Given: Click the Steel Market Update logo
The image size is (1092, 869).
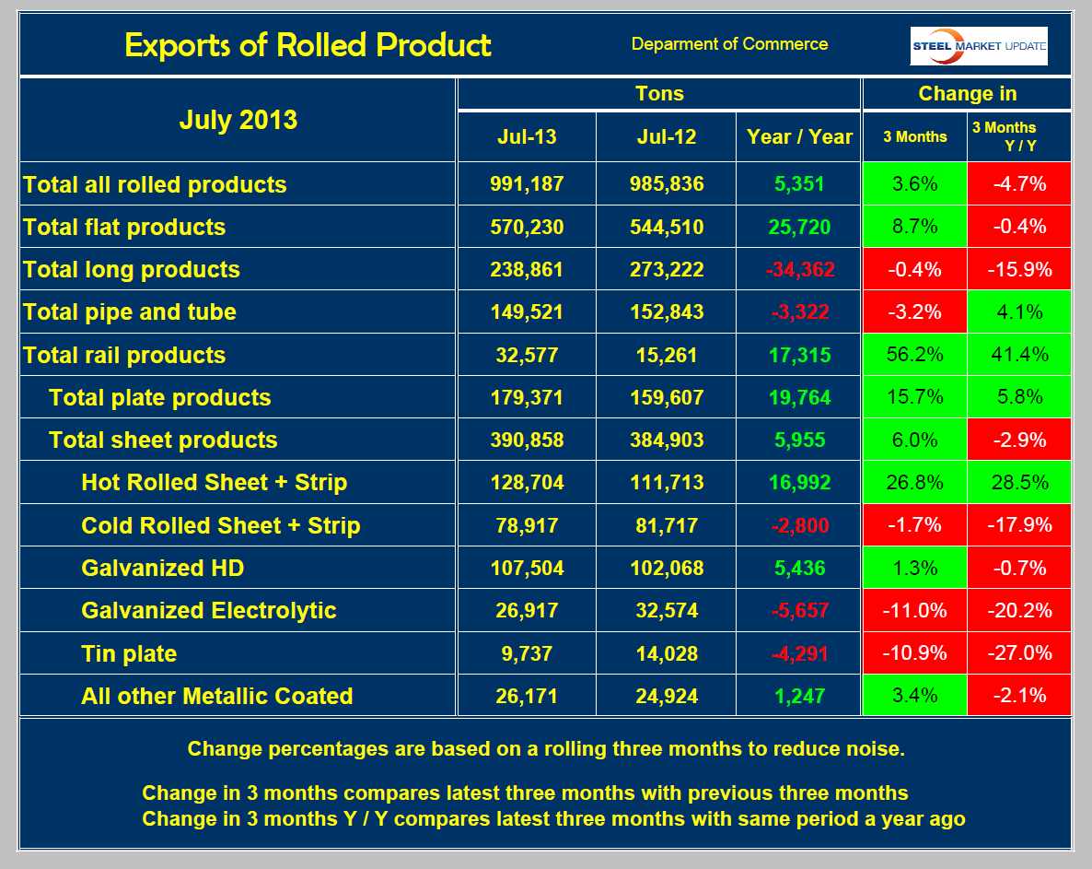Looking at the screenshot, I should coord(979,46).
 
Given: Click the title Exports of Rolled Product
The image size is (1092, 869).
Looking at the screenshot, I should coord(308,44).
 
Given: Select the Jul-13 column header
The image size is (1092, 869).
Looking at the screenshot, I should coord(527,136).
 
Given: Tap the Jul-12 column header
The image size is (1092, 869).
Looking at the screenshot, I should coord(667,136).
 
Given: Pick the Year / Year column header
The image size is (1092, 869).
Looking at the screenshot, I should coord(799,136).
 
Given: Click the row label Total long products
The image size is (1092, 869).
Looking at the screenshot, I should coord(132,269).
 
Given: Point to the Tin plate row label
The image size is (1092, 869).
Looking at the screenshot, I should coord(129,653).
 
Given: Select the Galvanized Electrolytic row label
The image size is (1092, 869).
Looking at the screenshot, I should coord(209,610).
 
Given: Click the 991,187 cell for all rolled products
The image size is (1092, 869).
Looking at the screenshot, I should coord(527,184).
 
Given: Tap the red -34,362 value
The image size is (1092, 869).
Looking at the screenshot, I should coord(799,269).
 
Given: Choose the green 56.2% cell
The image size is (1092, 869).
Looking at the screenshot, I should coord(914,355).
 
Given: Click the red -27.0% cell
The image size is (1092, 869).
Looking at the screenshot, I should coord(1019,653).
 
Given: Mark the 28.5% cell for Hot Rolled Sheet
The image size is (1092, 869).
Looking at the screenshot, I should coord(1019,483).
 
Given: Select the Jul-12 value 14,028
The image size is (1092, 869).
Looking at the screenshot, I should coord(667,653).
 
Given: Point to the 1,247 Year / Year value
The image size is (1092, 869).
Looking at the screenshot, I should coord(799,696).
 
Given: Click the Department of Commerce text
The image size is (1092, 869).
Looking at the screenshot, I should coord(729,44).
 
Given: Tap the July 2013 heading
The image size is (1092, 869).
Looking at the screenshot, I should coord(238,120).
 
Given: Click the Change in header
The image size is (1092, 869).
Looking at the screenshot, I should coord(967,94).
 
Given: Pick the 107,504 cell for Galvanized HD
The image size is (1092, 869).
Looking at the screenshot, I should coord(527,568).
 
